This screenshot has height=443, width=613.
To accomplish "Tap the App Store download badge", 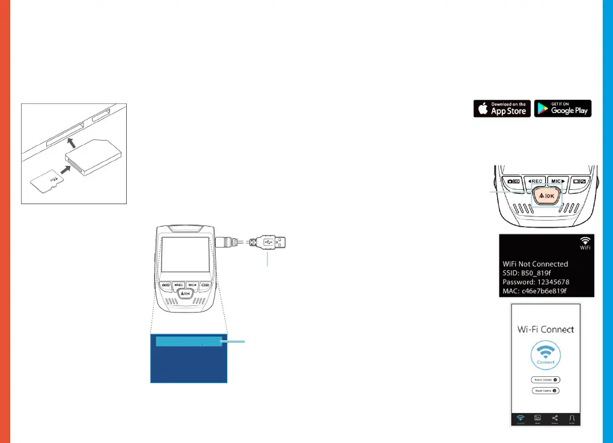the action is tap(502, 108).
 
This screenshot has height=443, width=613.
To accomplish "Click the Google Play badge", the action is tap(563, 108).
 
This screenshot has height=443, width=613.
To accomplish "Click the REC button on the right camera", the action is tap(534, 181).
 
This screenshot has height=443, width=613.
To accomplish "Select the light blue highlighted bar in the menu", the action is tap(188, 342).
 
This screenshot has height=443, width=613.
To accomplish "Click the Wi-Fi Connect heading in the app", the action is tap(546, 329).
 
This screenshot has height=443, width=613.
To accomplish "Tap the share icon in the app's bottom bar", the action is tap(555, 418).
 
